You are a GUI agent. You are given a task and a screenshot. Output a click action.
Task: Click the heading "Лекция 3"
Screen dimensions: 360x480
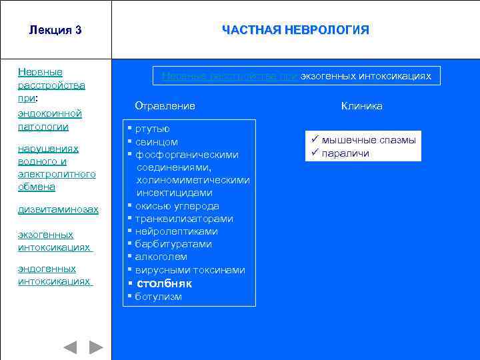pos(55,30)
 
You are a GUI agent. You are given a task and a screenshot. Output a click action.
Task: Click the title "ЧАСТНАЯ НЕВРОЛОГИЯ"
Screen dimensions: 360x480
pos(295,30)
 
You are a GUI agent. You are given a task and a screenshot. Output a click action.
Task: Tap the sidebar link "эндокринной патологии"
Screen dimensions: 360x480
pos(50,120)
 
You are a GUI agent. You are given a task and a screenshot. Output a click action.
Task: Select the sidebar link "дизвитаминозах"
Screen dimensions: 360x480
pos(58,209)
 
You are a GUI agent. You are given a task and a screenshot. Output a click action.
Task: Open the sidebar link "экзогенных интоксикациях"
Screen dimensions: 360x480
pos(54,241)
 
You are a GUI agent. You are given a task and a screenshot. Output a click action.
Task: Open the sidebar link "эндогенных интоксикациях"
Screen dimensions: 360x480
pos(54,275)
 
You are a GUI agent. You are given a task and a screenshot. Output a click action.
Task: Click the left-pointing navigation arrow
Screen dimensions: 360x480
pos(70,347)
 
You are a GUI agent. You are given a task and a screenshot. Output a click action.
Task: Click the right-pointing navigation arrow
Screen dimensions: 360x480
pos(97,347)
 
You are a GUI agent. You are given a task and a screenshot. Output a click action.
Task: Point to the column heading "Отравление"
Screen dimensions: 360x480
pos(165,106)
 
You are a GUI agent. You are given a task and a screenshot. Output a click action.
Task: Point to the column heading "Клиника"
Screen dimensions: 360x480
pos(362,106)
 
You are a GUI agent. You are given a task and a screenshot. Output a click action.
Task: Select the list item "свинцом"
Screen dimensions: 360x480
pos(156,142)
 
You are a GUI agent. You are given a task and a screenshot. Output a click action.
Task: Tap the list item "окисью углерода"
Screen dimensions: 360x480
pos(177,206)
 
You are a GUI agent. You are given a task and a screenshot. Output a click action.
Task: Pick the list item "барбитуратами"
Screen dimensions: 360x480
pos(173,244)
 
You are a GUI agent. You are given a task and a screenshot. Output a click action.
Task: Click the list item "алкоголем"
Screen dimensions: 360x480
pos(161,257)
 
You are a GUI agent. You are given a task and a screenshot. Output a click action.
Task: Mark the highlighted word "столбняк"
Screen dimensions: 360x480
pos(164,283)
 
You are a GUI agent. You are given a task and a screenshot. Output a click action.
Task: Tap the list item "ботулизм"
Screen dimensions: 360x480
pos(158,297)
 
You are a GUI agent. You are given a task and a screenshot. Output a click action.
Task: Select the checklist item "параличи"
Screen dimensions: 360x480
pos(345,153)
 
